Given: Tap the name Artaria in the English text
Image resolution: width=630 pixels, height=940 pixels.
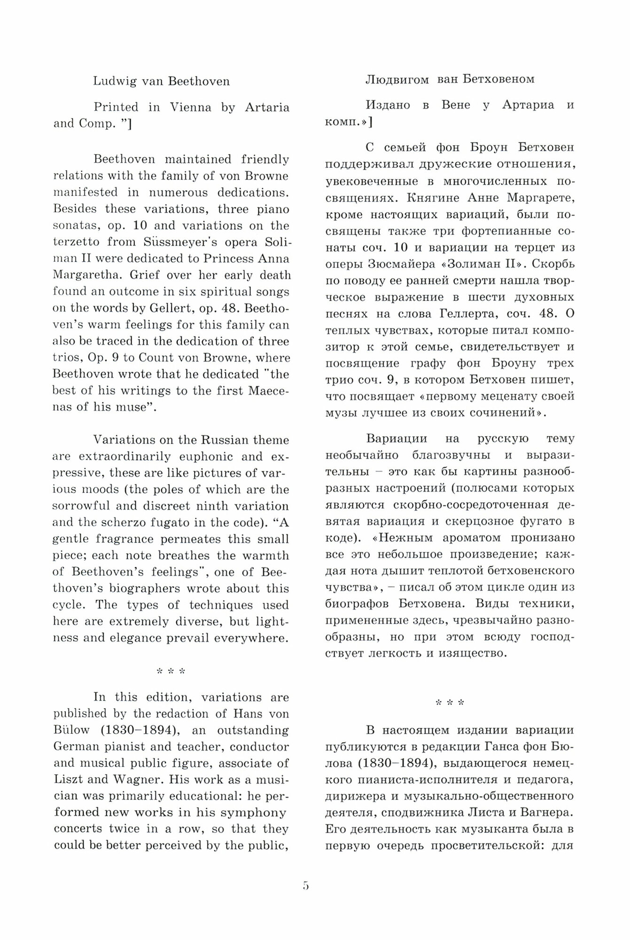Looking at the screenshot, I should pos(267,107).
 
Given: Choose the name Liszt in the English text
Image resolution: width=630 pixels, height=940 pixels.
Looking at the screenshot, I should pos(68,779).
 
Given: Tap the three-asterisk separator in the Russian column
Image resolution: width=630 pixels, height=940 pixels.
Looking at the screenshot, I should pos(450,703).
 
